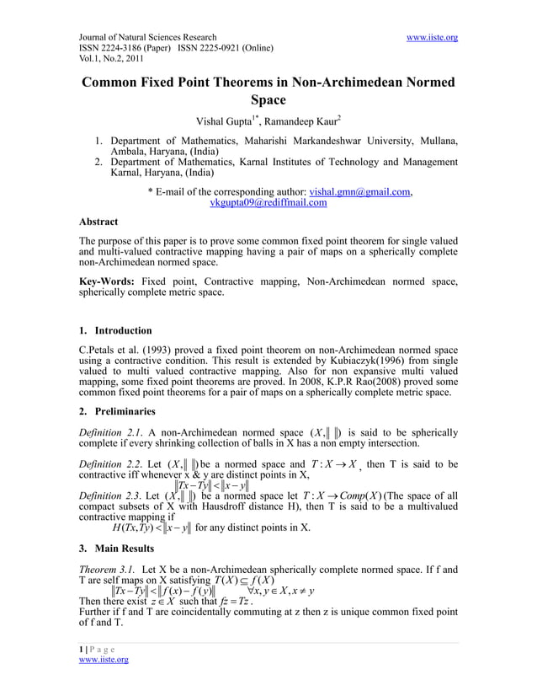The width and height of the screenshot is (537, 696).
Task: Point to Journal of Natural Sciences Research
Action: click(x=147, y=38)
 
